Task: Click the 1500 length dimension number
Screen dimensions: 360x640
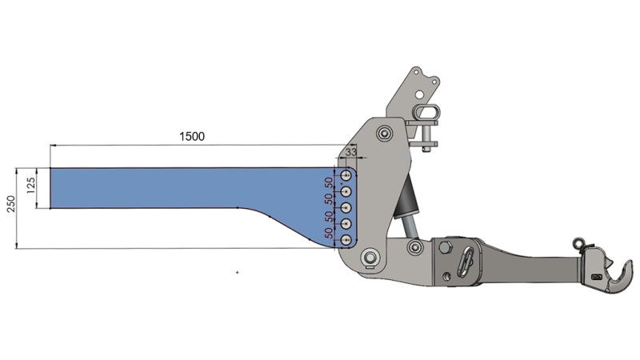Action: [191, 136]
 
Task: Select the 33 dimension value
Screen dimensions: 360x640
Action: [350, 150]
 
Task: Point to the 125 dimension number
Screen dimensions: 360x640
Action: [30, 187]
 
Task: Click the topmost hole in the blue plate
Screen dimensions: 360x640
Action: [346, 175]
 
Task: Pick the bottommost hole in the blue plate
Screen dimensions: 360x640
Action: [346, 241]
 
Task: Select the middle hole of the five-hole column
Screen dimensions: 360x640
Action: [346, 208]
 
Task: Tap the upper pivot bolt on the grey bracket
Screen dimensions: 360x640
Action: [386, 132]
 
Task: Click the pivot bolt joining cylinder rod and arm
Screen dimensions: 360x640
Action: [414, 248]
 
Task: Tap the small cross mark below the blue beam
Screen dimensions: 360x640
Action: [238, 274]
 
